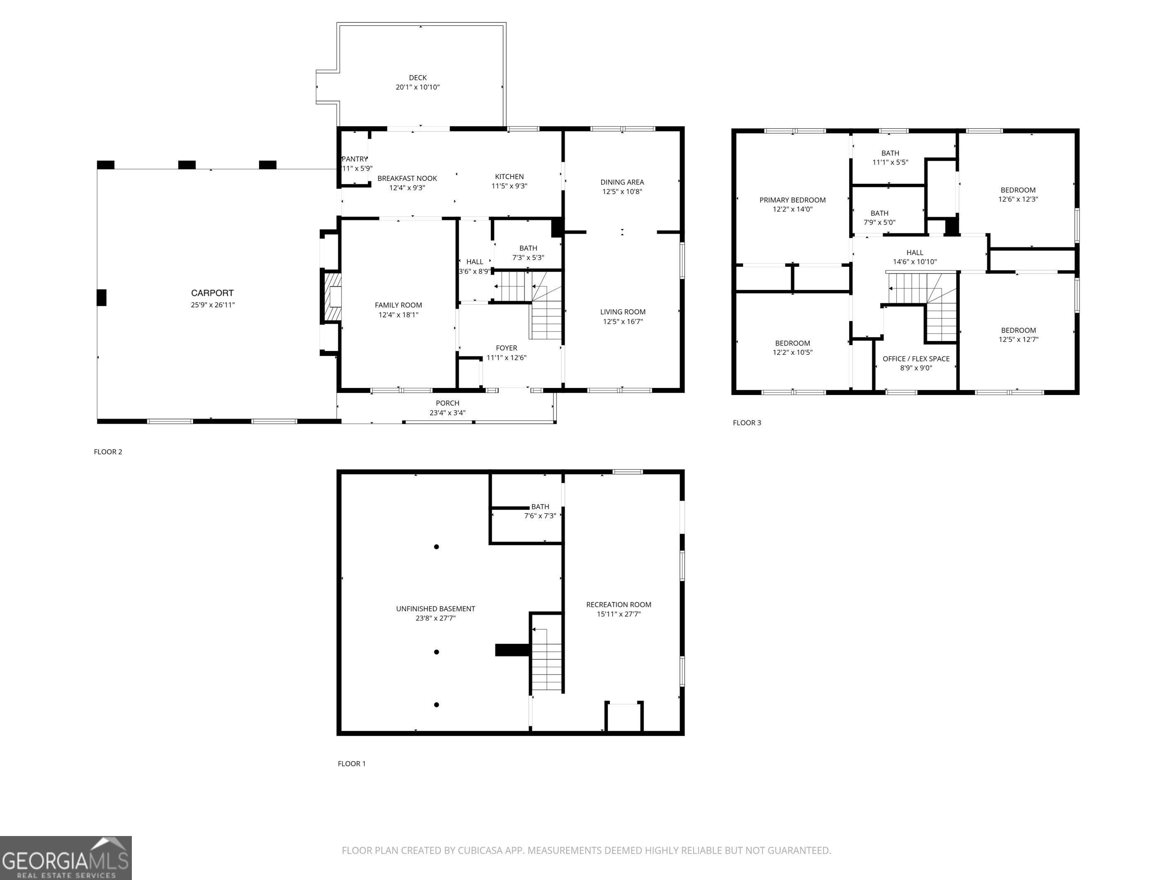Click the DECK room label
tap(418, 78)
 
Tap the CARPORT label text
tap(212, 293)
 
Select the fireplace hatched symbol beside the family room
tap(333, 297)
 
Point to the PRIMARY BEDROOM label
tap(792, 200)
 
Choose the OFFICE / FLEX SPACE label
tap(916, 359)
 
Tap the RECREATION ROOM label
tap(618, 605)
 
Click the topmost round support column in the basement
tap(437, 547)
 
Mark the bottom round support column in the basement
tap(437, 705)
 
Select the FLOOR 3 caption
tap(747, 423)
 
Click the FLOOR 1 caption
tap(352, 764)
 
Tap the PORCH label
tap(447, 403)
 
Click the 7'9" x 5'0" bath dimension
tap(879, 223)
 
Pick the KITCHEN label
tap(509, 177)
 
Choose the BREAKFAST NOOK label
tap(407, 178)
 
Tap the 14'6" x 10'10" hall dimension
tap(915, 262)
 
